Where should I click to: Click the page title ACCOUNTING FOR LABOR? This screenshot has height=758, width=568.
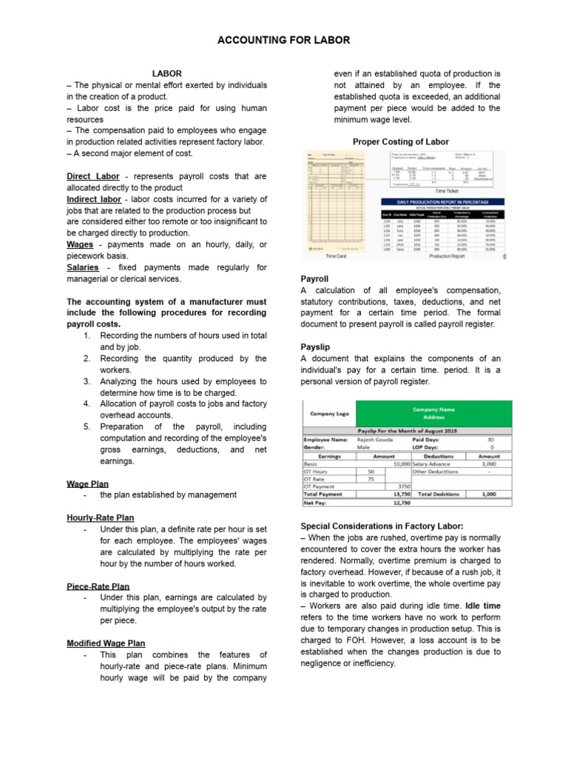(284, 40)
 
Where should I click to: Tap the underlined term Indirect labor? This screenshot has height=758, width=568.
(94, 199)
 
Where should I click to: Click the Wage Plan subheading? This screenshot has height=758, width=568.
(87, 483)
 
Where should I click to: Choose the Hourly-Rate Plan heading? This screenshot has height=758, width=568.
(101, 517)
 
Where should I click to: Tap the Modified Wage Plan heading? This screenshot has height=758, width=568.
(106, 643)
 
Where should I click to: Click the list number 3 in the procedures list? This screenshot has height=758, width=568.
(87, 381)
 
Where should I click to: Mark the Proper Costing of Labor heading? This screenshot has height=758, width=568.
(400, 141)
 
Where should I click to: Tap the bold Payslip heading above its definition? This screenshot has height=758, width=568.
(314, 346)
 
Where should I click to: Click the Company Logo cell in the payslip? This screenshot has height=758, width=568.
(329, 414)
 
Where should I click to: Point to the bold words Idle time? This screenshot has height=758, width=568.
(483, 606)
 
